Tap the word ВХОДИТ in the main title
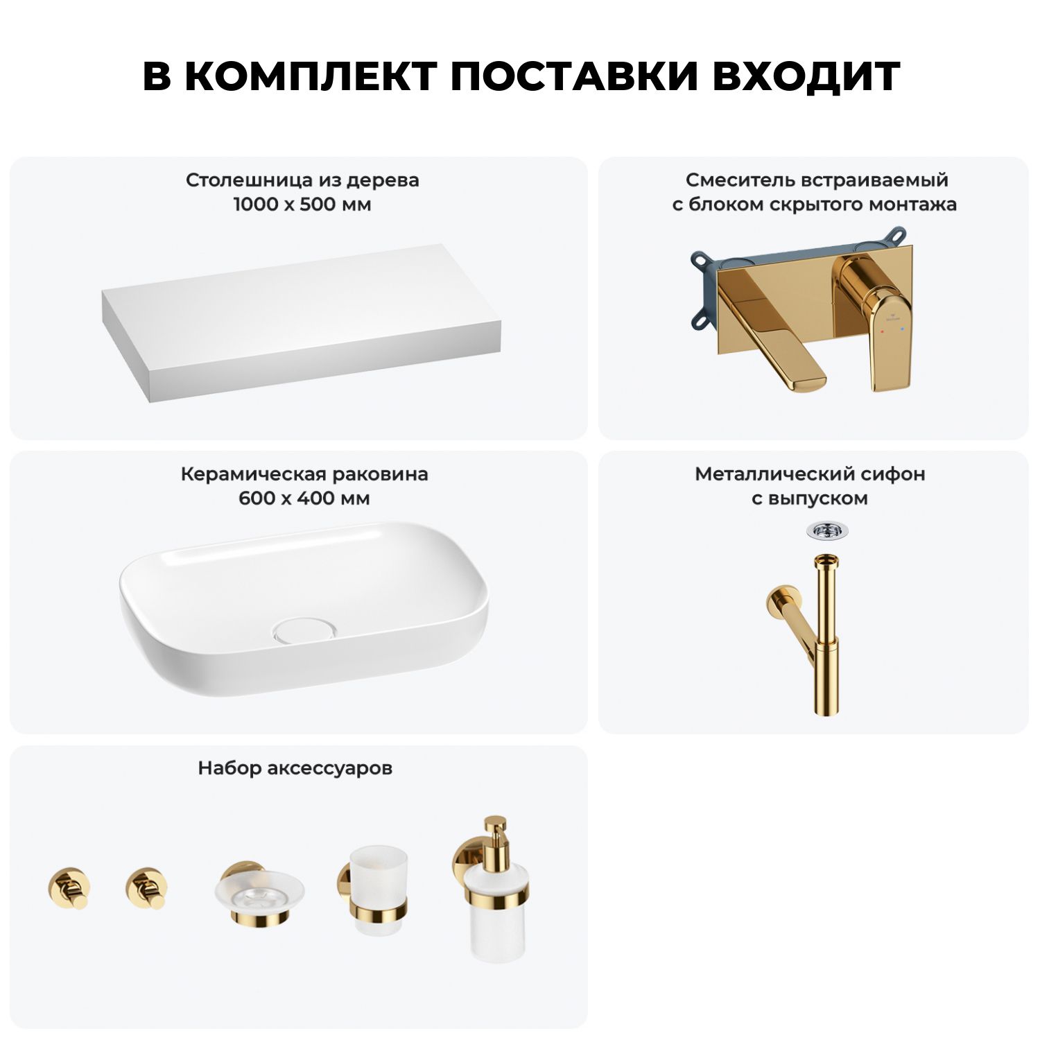pyautogui.click(x=806, y=76)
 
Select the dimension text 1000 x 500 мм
pyautogui.click(x=302, y=205)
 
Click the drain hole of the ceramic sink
pyautogui.click(x=305, y=630)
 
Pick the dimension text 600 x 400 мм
pyautogui.click(x=304, y=499)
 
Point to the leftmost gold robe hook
pyautogui.click(x=68, y=888)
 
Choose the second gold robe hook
pyautogui.click(x=146, y=888)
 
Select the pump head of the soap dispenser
pyautogui.click(x=495, y=835)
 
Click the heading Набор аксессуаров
pyautogui.click(x=295, y=768)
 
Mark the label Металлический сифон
pyautogui.click(x=810, y=474)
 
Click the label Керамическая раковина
pyautogui.click(x=304, y=474)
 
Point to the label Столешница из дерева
pyautogui.click(x=302, y=180)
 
